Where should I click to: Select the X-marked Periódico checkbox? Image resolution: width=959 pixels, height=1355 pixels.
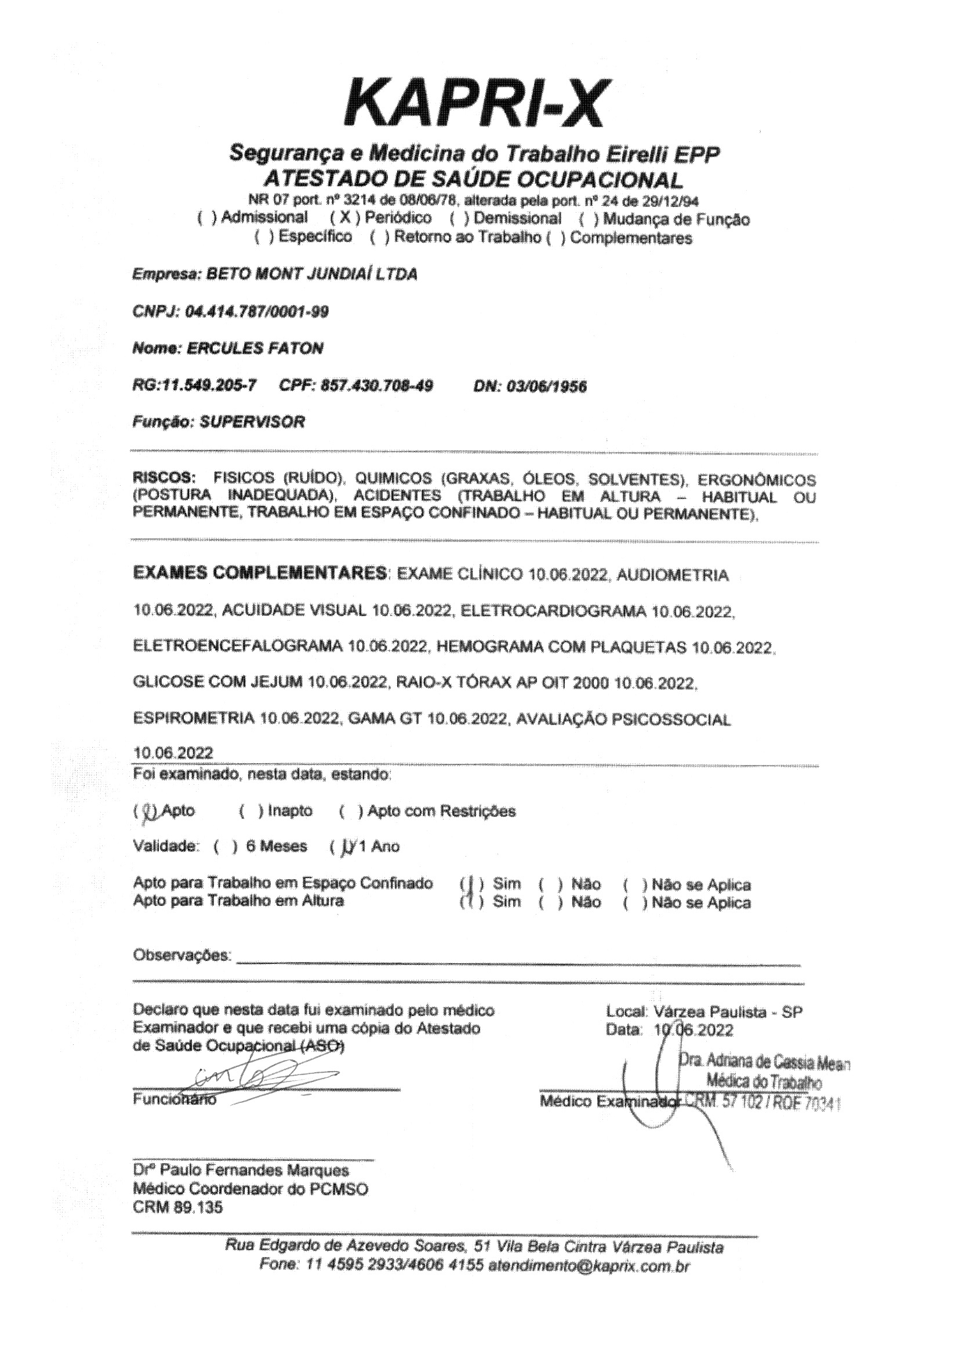pos(344,218)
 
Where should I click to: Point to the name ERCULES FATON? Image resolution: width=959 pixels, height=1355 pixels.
pos(255,348)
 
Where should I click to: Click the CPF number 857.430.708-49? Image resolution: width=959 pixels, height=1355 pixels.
pos(377,385)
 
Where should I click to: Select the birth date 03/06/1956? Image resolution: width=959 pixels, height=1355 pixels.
pos(546,386)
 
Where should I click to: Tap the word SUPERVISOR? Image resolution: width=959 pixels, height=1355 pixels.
pos(252,422)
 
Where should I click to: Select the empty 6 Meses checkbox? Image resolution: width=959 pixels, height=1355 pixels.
pos(226,847)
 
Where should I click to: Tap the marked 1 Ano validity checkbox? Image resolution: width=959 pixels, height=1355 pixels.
pos(343,847)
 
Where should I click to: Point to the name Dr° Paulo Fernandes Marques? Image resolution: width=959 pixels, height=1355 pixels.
pos(241,1170)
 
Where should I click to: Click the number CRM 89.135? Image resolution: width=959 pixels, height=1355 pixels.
pos(178,1207)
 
